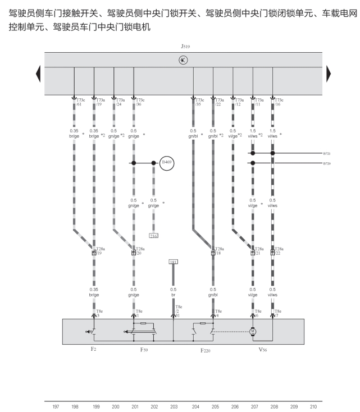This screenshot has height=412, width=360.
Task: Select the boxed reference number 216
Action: click(153, 235)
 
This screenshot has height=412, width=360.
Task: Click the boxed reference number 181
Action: click(173, 262)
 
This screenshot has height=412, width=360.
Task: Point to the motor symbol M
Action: click(253, 332)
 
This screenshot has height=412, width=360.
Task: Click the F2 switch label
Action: click(94, 349)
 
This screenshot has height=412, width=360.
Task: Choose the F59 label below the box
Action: click(144, 349)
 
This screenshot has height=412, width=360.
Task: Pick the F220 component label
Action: click(206, 349)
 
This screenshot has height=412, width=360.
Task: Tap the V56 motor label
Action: click(262, 349)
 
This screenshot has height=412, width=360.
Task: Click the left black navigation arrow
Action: click(38, 74)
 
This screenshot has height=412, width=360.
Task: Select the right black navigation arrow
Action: click(329, 74)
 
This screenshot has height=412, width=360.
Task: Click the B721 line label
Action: click(327, 153)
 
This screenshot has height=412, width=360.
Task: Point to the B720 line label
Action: click(327, 163)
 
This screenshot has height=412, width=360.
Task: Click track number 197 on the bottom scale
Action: click(55, 405)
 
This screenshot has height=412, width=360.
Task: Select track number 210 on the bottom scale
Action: click(313, 405)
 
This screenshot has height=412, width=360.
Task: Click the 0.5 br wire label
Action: click(173, 292)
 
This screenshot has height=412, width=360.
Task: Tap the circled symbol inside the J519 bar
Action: click(183, 60)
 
